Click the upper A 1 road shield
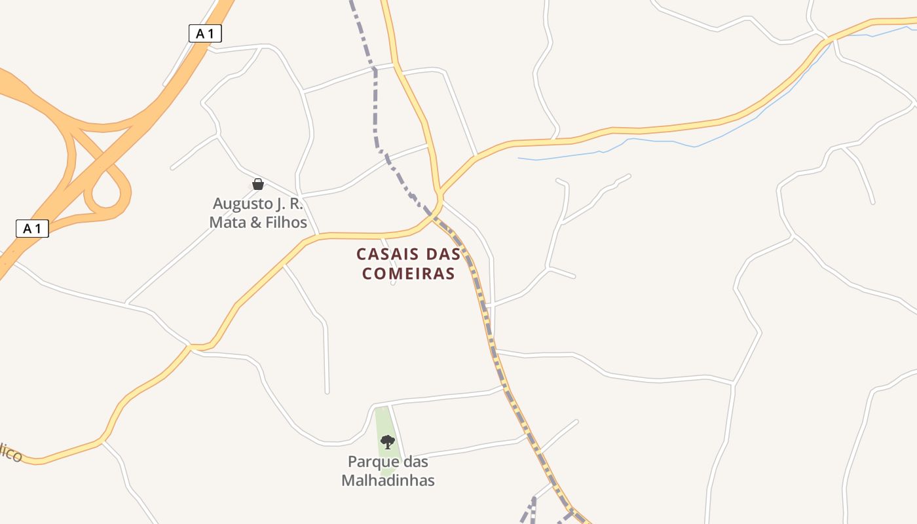(205, 33)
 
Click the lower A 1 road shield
(32, 229)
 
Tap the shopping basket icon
(258, 184)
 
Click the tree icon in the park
(388, 442)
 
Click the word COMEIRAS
(409, 274)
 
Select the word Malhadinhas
(388, 480)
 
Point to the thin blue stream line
(655, 141)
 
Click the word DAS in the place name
(443, 254)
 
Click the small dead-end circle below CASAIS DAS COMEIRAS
(393, 283)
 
